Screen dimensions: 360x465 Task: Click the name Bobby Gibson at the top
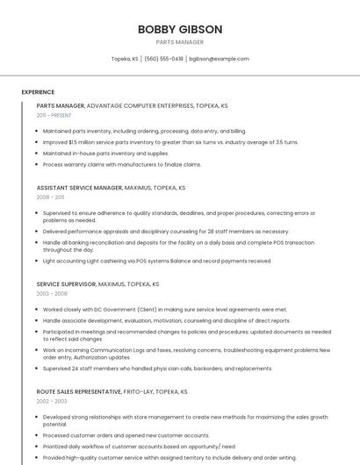coord(179,29)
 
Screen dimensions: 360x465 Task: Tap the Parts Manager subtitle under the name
coord(179,42)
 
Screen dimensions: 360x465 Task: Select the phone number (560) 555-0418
coord(163,59)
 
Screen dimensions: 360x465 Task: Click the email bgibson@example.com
coord(219,59)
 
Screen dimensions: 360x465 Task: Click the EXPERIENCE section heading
coord(38,92)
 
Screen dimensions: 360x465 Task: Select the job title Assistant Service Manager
coord(79,188)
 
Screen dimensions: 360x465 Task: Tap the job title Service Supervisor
coord(66,284)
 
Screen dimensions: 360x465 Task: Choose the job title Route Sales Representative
coord(80,391)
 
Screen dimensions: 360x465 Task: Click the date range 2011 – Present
coord(54,115)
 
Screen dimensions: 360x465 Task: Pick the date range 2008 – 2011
coord(50,197)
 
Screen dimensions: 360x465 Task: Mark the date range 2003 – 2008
coord(52,294)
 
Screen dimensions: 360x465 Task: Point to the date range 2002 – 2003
coord(52,401)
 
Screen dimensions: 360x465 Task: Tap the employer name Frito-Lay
coord(140,391)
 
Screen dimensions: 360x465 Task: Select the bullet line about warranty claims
coord(122,164)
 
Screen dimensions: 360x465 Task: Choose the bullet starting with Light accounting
coord(156,261)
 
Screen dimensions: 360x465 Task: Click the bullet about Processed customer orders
coord(126,435)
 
